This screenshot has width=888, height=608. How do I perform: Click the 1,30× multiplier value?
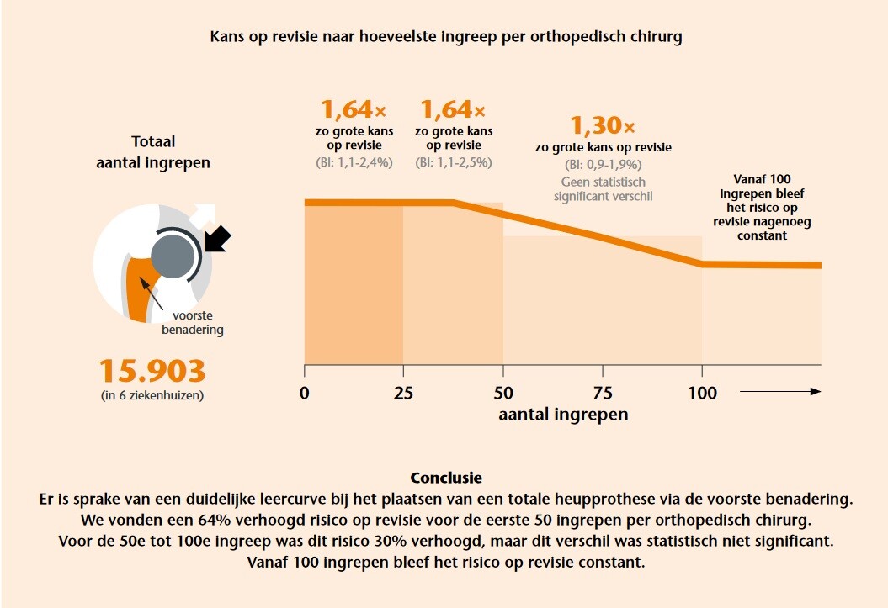tap(604, 126)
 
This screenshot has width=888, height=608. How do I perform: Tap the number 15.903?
tap(152, 371)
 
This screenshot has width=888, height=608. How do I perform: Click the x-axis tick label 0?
tap(305, 393)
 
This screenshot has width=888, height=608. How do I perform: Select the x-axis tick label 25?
tap(404, 393)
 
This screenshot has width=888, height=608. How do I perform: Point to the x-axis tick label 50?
tap(503, 393)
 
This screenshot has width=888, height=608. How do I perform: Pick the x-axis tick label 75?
tap(603, 393)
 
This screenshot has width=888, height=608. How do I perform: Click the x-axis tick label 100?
tap(702, 393)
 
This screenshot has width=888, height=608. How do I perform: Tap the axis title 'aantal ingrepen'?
tap(563, 414)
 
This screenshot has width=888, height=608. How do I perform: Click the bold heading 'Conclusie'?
tap(445, 478)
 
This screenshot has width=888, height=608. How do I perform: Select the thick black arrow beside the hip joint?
tap(218, 239)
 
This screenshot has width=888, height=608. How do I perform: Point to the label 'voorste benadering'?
tap(192, 323)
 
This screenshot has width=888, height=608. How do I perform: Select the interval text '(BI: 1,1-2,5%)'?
tap(454, 162)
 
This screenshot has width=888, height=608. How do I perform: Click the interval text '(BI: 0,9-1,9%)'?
tap(604, 164)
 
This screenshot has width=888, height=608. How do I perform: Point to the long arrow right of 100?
tap(779, 392)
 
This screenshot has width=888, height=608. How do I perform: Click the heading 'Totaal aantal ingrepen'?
tap(153, 152)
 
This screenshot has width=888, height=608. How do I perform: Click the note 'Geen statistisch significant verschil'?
tap(604, 188)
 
